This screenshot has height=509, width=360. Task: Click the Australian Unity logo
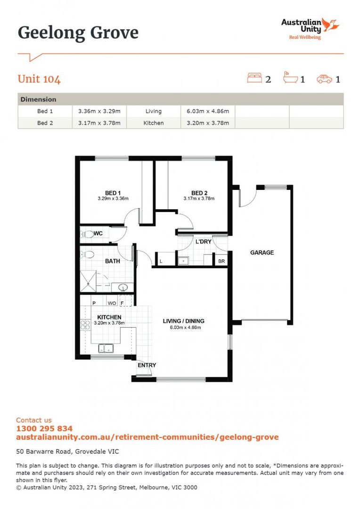[310, 28]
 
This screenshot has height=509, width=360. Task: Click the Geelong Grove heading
[78, 33]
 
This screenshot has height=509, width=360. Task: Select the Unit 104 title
[39, 79]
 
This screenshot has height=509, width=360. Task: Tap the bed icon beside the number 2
[254, 78]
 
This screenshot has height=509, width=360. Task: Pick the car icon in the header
[325, 79]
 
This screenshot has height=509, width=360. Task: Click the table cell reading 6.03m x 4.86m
[208, 111]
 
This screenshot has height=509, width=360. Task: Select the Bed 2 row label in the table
[46, 123]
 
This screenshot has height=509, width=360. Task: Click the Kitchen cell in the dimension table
[154, 123]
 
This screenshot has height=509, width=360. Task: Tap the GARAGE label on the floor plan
[262, 253]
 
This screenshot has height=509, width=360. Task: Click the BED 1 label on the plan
[113, 193]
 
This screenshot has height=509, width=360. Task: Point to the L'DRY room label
[203, 242]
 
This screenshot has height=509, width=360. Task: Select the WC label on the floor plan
[98, 233]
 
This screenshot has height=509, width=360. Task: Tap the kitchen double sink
[106, 349]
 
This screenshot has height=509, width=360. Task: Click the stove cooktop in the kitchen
[86, 324]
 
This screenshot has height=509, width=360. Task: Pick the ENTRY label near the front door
[147, 365]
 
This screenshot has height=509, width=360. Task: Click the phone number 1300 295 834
[44, 428]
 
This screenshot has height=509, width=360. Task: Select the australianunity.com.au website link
[147, 437]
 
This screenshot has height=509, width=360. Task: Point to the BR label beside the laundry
[221, 261]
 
